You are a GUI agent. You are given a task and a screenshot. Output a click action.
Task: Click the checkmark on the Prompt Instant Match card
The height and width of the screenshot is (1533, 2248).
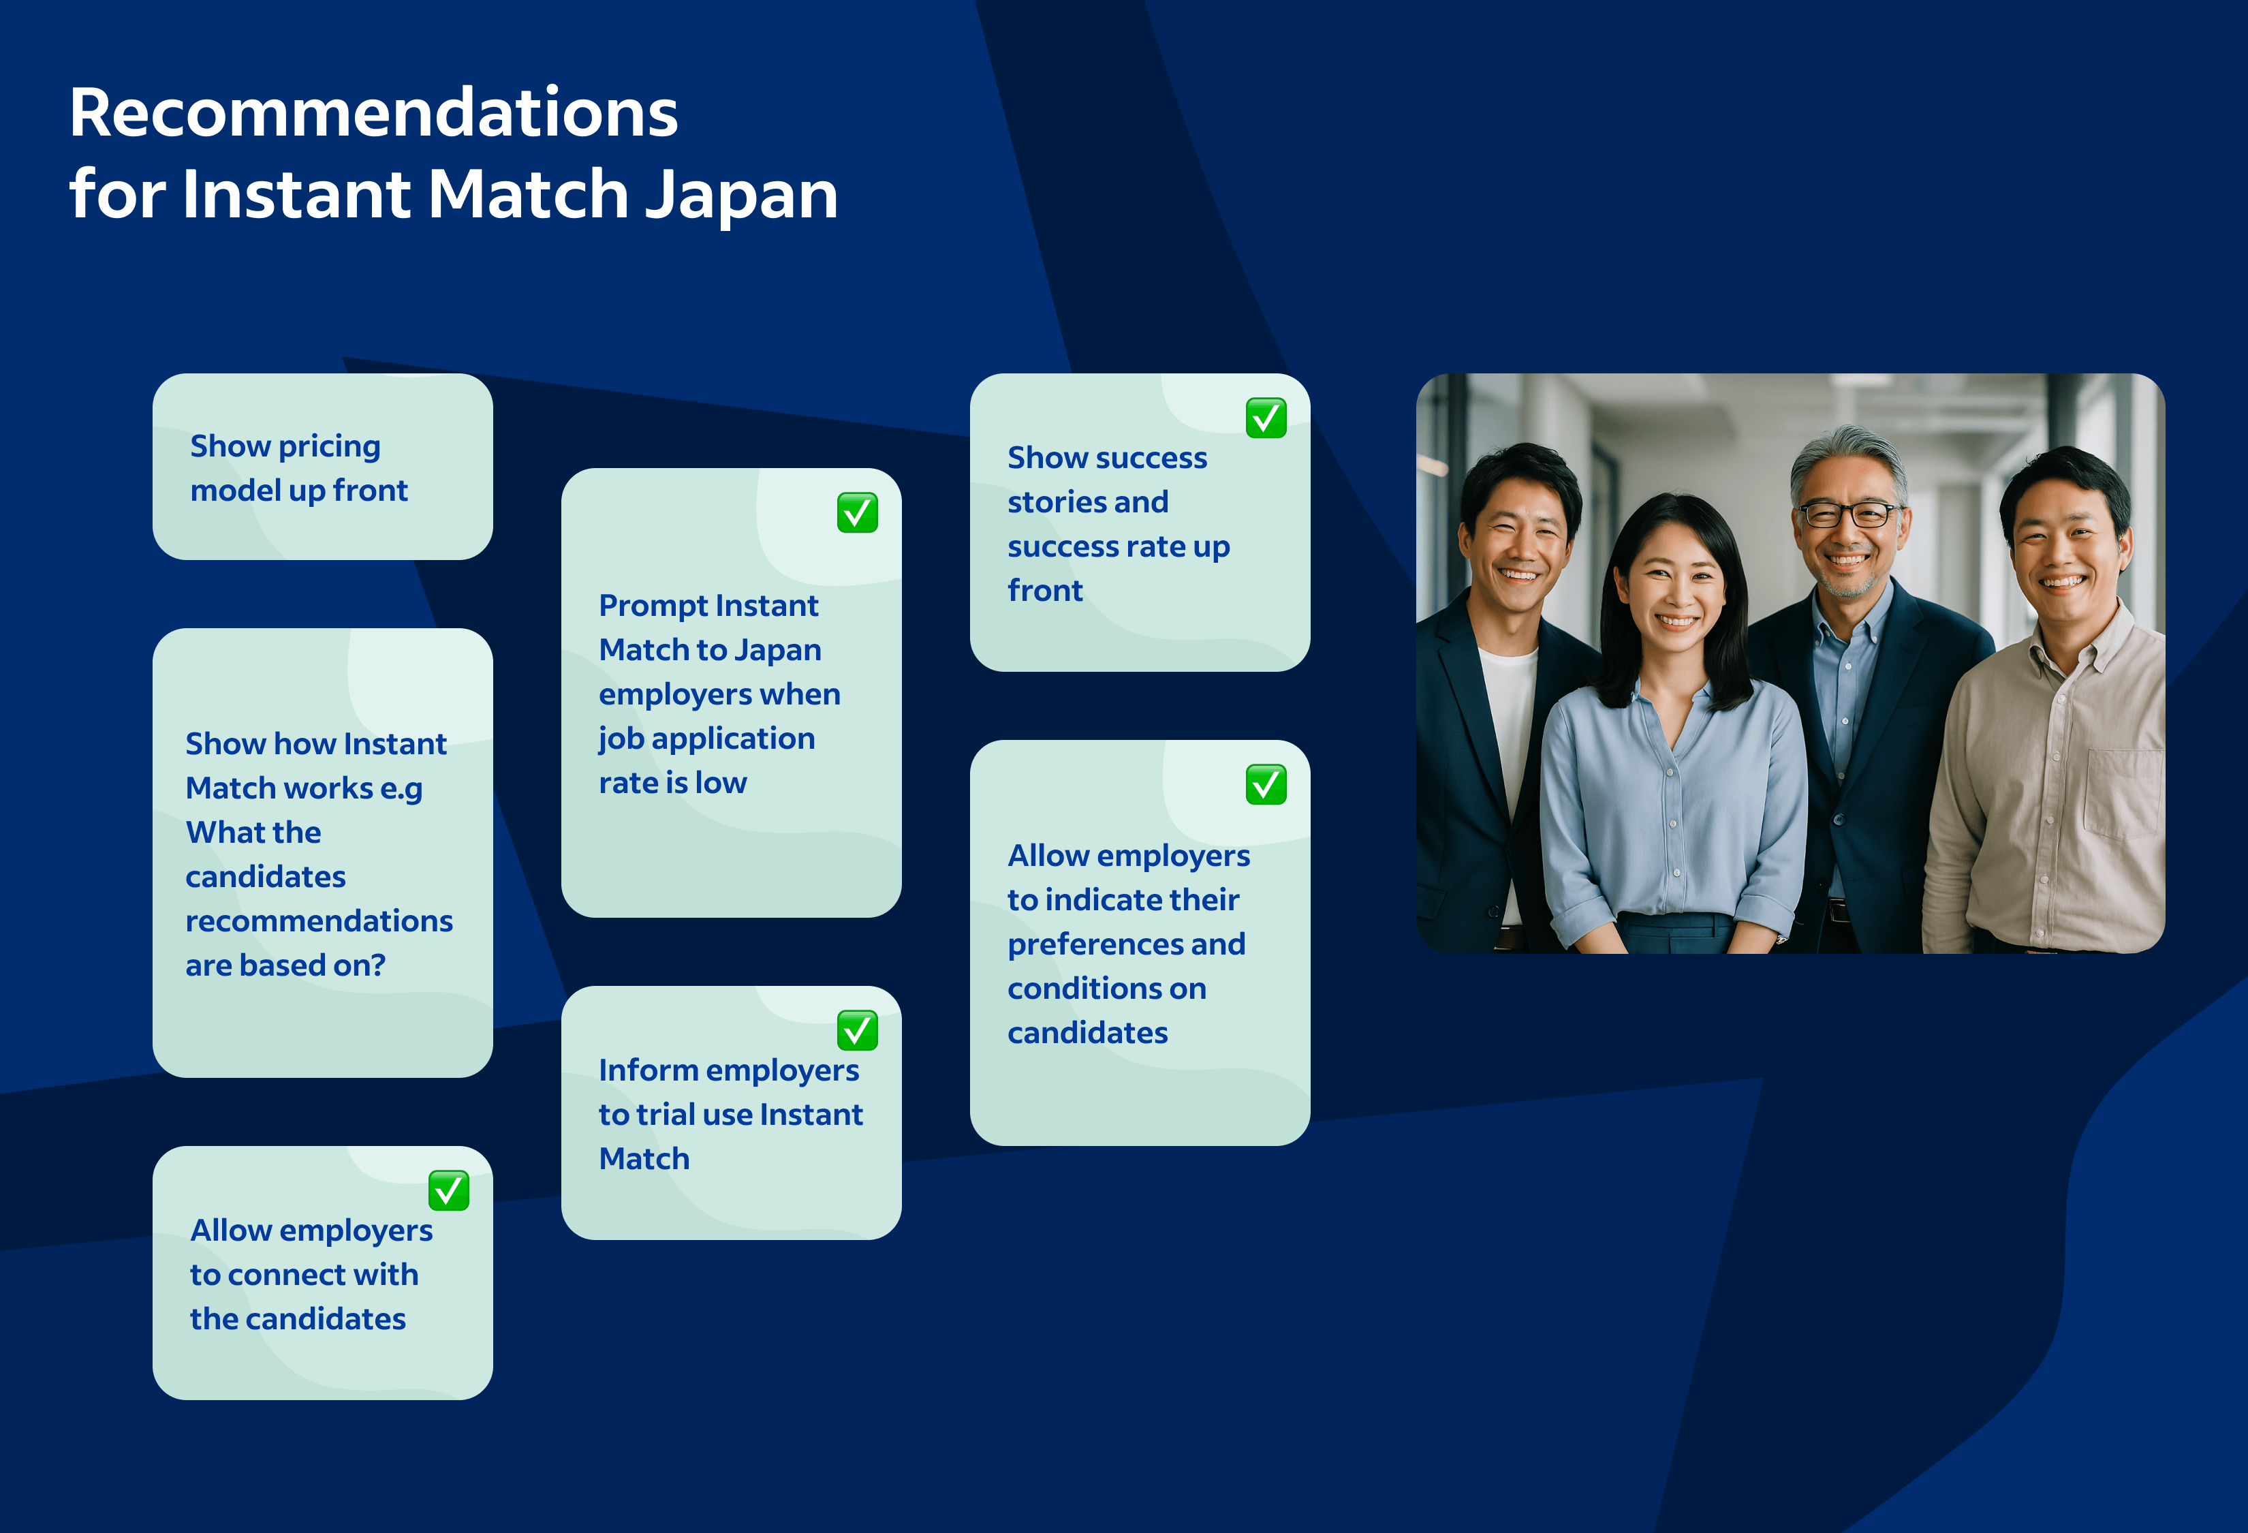[857, 512]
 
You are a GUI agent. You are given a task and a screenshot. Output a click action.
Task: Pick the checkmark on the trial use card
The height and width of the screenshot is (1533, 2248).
[857, 1030]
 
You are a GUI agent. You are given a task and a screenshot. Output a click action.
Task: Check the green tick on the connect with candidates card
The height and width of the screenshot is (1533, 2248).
[449, 1190]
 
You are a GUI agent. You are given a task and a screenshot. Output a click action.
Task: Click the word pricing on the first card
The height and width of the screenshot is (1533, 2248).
[330, 447]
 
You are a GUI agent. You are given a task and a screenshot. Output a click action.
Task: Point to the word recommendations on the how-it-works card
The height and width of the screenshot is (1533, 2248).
[319, 920]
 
